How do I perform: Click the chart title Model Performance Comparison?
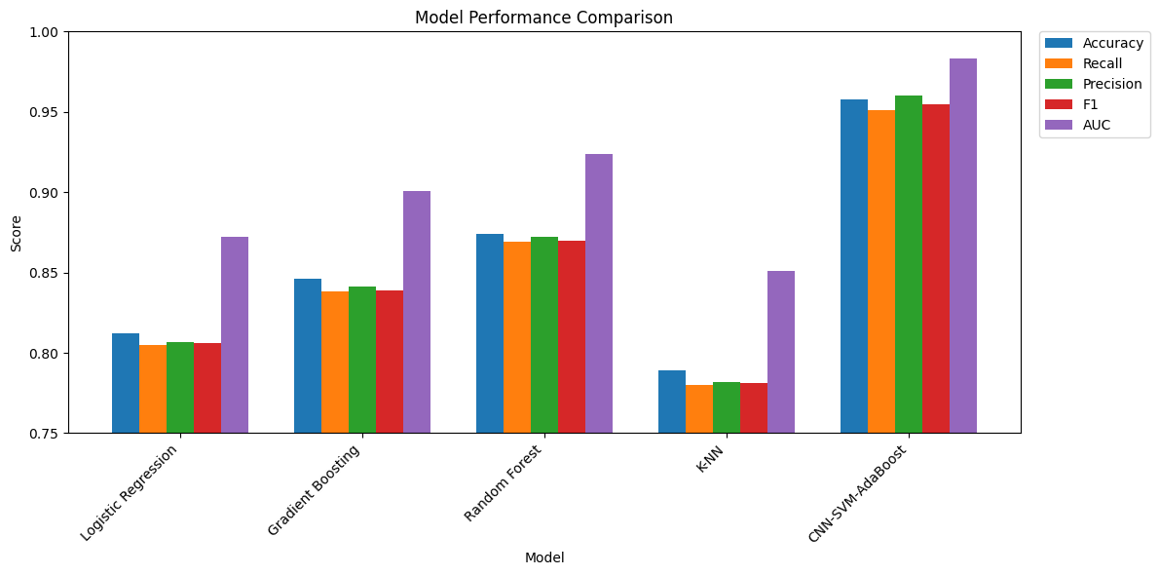[x=543, y=18]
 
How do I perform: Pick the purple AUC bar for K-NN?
[x=781, y=352]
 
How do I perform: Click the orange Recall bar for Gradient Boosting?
[x=335, y=362]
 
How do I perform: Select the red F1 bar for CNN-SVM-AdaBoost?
[x=936, y=268]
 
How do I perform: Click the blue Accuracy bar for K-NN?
[x=672, y=402]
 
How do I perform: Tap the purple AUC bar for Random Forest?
[x=599, y=293]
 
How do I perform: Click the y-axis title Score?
[x=16, y=233]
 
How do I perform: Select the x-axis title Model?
[x=544, y=557]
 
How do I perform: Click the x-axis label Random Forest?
[x=504, y=483]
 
